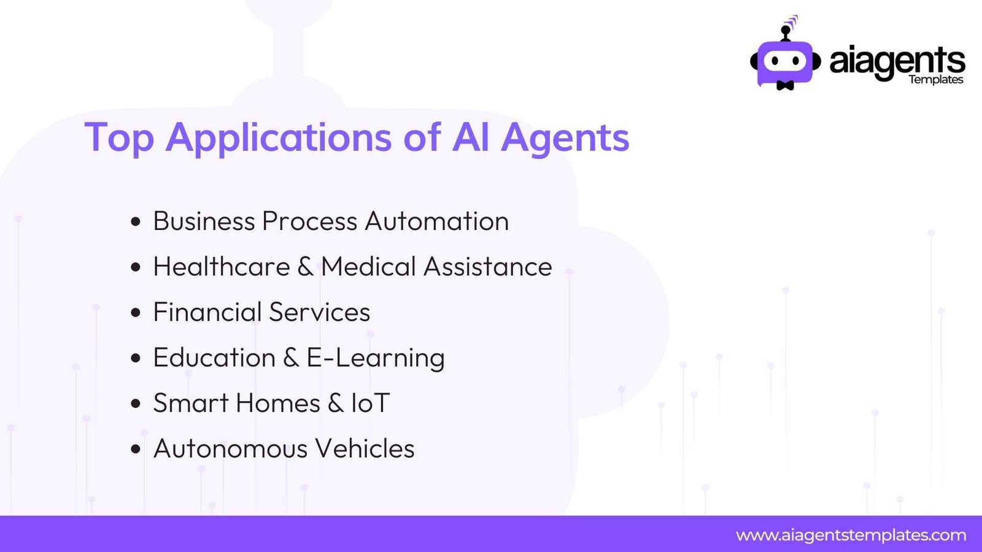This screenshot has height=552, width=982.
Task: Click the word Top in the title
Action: click(119, 138)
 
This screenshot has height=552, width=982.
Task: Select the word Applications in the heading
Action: click(279, 138)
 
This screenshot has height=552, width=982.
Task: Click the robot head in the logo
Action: click(785, 63)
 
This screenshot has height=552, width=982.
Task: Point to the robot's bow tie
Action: click(785, 85)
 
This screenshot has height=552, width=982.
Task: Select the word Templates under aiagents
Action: click(935, 80)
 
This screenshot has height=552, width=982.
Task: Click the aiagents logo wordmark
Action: click(897, 62)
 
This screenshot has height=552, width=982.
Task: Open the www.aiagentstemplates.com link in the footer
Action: click(851, 535)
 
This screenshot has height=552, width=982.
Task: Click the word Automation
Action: click(436, 221)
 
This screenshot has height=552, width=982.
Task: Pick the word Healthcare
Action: click(222, 266)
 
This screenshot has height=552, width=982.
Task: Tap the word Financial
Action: click(207, 312)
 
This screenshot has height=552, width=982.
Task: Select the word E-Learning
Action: click(375, 358)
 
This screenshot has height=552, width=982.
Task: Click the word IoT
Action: click(371, 403)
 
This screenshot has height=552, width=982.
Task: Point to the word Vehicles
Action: click(365, 448)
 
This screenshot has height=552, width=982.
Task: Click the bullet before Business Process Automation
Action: click(136, 221)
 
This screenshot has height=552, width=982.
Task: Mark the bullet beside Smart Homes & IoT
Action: click(136, 404)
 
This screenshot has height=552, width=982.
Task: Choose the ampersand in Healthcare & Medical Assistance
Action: click(305, 266)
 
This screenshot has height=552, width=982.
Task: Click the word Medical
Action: click(368, 266)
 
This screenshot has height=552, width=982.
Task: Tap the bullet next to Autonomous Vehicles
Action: click(136, 449)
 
